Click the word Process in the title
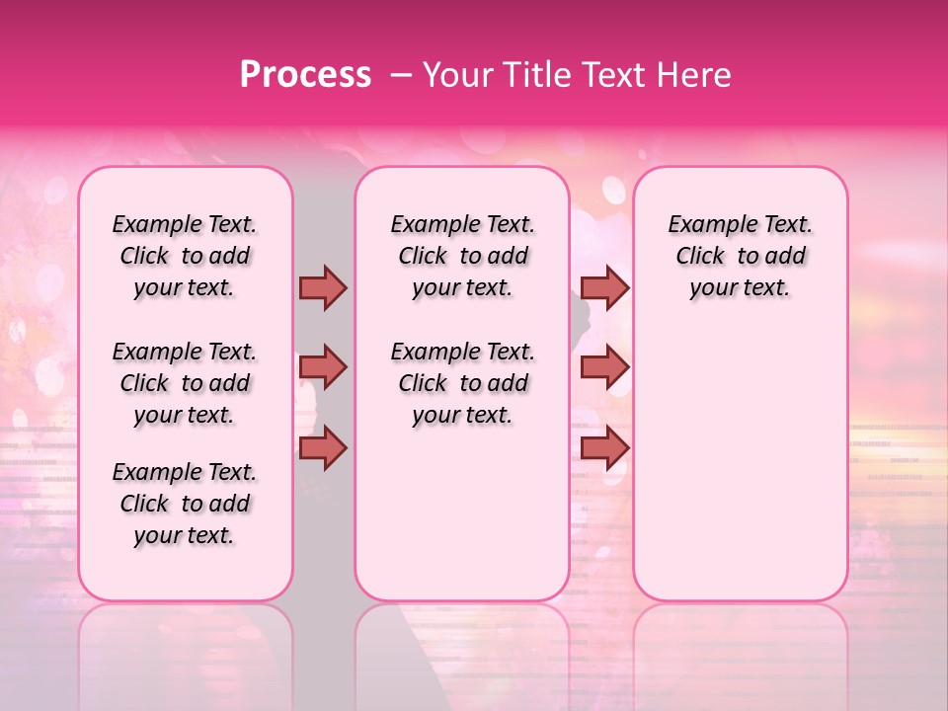point(305,75)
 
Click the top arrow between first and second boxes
point(323,287)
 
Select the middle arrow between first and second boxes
point(323,367)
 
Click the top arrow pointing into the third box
point(604,287)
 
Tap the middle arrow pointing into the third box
point(604,367)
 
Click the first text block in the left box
point(185,256)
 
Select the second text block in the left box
point(185,383)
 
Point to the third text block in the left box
point(185,504)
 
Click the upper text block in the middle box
point(462,256)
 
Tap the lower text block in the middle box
point(462,383)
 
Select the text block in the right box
point(740,256)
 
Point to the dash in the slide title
point(401,75)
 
